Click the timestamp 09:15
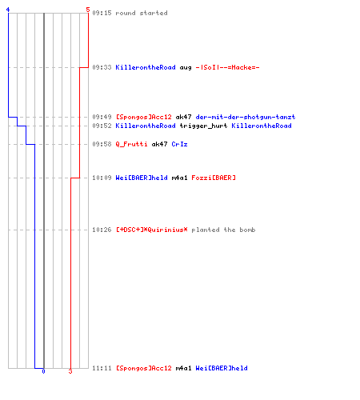point(102,13)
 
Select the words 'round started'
point(142,13)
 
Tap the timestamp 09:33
point(102,67)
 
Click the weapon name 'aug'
point(186,68)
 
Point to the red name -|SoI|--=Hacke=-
point(227,67)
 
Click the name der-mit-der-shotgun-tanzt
point(246,117)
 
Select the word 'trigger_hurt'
point(203,126)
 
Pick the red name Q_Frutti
point(131,144)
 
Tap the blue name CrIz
point(179,144)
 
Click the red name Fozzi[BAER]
point(214,178)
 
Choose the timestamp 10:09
point(102,178)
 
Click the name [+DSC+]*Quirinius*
point(151,230)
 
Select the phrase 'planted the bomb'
point(223,230)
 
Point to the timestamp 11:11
point(102,368)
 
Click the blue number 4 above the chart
point(8,10)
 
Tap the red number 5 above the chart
point(88,10)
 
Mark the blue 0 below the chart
point(43,371)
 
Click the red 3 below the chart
point(70,371)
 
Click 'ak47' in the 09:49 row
point(183,117)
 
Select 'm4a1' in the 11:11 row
point(183,368)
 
